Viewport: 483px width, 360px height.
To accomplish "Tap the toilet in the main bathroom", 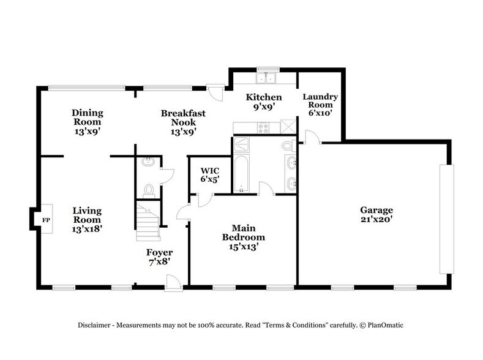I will tap(288, 145).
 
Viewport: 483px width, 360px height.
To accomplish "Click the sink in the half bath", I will tap(147, 162).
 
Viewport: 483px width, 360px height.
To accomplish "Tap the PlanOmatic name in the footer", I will tap(386, 324).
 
